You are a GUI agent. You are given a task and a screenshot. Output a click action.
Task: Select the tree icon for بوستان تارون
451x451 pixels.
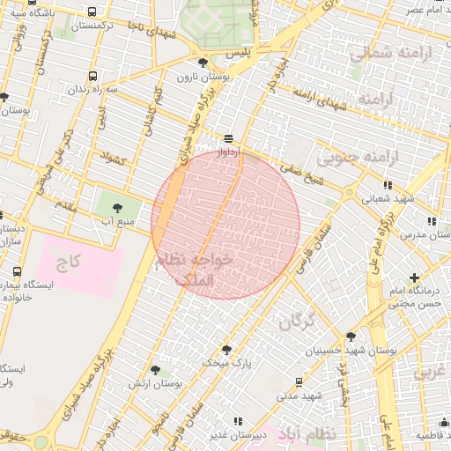point(204,63)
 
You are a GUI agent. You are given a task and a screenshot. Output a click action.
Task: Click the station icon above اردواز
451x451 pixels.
point(228,138)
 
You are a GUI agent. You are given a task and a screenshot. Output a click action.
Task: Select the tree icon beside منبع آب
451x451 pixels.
point(117,207)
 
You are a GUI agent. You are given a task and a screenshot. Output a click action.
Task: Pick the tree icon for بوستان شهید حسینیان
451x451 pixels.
point(351,336)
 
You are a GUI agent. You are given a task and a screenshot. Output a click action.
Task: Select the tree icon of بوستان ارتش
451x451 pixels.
point(155,371)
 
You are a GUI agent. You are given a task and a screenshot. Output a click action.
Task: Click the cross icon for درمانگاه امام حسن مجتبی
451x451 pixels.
point(414,278)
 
